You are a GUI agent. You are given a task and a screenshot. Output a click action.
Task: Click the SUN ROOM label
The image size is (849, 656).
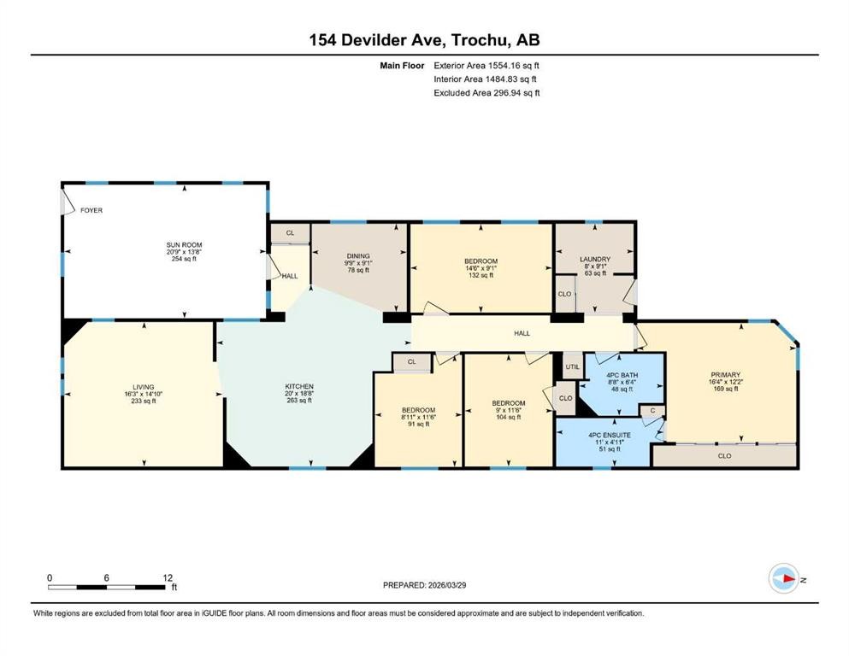coord(184,244)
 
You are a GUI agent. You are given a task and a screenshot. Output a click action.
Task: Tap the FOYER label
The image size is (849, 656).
coord(91,210)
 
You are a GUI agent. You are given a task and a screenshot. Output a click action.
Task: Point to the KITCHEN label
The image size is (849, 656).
coord(299,386)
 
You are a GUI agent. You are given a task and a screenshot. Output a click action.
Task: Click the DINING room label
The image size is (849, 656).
coord(359,255)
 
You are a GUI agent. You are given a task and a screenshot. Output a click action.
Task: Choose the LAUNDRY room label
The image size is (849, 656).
coord(594,259)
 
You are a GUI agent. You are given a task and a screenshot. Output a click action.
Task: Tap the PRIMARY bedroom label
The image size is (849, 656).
coord(724,374)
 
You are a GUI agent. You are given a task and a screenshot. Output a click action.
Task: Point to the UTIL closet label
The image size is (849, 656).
coord(571,366)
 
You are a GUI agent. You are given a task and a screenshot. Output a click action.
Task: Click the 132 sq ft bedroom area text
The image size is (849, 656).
coord(481,275)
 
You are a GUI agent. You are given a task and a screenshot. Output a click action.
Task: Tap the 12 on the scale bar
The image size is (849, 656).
coord(167,577)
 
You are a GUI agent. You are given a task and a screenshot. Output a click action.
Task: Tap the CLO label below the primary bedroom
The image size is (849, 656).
coord(724,456)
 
